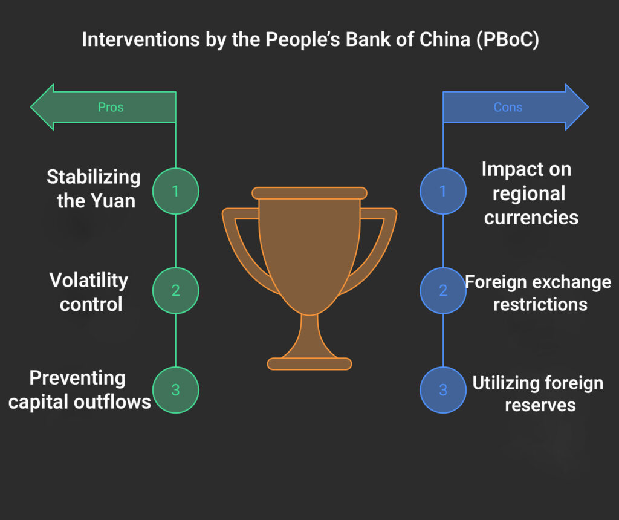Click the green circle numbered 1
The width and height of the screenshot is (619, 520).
175,191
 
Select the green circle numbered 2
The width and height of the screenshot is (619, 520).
175,290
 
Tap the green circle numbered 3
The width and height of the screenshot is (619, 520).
175,390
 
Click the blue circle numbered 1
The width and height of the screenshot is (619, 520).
443,191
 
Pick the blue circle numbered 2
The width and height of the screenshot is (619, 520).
443,290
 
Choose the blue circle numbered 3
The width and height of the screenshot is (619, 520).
443,390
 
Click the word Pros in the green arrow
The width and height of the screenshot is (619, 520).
111,108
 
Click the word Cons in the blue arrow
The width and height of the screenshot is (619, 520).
508,108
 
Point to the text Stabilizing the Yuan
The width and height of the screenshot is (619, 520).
94,189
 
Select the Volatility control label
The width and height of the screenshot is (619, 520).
89,291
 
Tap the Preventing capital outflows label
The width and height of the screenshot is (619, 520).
79,390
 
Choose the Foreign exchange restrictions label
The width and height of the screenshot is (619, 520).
537,293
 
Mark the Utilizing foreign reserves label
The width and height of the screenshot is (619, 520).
537,394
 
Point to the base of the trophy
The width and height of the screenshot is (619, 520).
309,363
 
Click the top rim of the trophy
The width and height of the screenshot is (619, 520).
309,193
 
